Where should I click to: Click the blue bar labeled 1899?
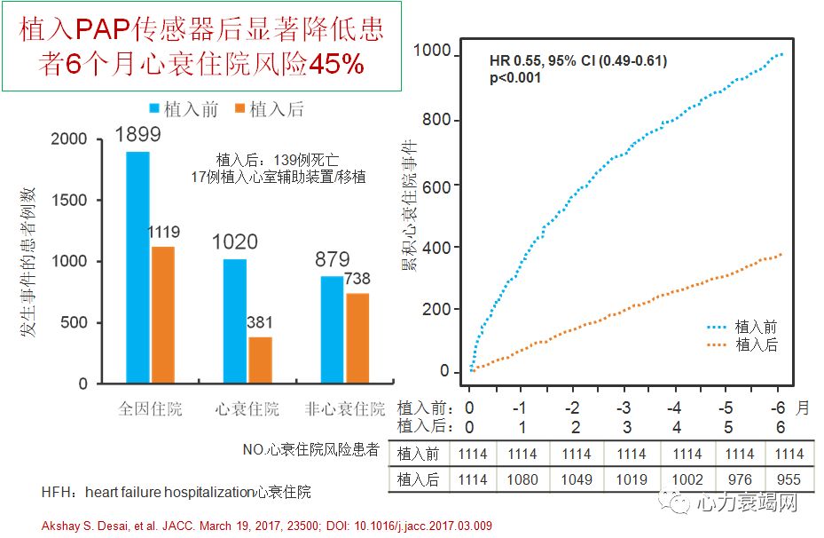(x=137, y=267)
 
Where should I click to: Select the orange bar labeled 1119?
(x=162, y=315)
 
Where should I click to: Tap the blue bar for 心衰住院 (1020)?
(x=234, y=321)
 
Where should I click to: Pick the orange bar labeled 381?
(x=260, y=360)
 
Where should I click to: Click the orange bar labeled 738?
(x=357, y=338)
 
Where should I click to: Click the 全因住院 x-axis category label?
(x=150, y=409)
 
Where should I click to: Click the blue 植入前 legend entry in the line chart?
(x=741, y=327)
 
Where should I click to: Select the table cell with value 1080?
(x=522, y=480)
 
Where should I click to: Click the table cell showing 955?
(x=789, y=480)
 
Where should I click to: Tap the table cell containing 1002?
(x=687, y=480)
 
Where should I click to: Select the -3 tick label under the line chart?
(x=624, y=407)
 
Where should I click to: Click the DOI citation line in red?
(x=266, y=526)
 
